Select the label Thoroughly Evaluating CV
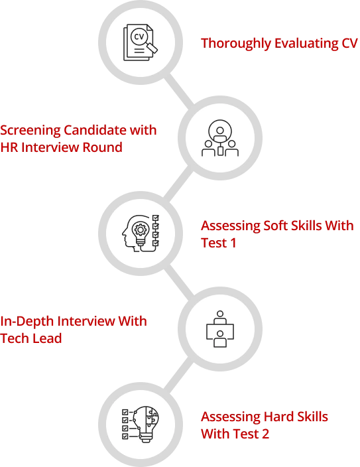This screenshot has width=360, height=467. (x=278, y=43)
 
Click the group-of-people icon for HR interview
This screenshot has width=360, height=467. (x=219, y=139)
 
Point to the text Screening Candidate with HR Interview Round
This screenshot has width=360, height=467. (x=78, y=139)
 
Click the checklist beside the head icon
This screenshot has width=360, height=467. (x=155, y=230)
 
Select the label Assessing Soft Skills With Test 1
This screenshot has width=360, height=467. (x=277, y=235)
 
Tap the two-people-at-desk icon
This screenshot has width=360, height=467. (x=219, y=328)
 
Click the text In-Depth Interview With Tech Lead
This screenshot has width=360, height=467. (x=74, y=330)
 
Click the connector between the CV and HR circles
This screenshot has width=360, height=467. (x=180, y=89)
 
